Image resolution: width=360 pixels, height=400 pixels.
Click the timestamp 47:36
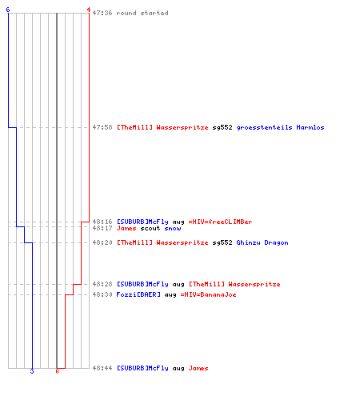pos(102,13)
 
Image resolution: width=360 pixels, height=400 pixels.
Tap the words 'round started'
pos(142,13)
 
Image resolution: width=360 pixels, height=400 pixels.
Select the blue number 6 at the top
pos(8,10)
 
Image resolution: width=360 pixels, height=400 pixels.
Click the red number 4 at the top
pos(89,10)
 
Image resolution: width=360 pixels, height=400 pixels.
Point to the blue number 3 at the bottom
pos(32,371)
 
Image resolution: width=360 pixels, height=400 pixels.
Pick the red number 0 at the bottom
pos(57,371)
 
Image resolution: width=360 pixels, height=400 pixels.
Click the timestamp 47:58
pos(102,127)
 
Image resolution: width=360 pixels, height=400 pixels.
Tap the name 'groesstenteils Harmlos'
pos(280,127)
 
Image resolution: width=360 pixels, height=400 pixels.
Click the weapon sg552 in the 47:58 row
pos(222,128)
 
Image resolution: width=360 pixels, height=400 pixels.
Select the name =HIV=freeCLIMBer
pos(220,222)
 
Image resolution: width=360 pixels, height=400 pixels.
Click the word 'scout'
pos(150,229)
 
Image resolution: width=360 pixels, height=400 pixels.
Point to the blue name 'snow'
pos(173,229)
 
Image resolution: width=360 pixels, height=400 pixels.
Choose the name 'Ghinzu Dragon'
pos(262,242)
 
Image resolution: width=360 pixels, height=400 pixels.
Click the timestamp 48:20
pos(102,242)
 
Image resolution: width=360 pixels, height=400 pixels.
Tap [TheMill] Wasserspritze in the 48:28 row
pos(234,284)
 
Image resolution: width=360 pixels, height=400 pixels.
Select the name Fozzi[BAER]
pos(138,294)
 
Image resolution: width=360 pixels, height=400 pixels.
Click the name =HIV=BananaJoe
pos(208,294)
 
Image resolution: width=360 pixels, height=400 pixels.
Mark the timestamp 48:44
pos(102,368)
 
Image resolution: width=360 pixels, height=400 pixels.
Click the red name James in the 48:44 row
pos(198,368)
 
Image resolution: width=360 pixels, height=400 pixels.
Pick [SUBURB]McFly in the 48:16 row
pos(142,222)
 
